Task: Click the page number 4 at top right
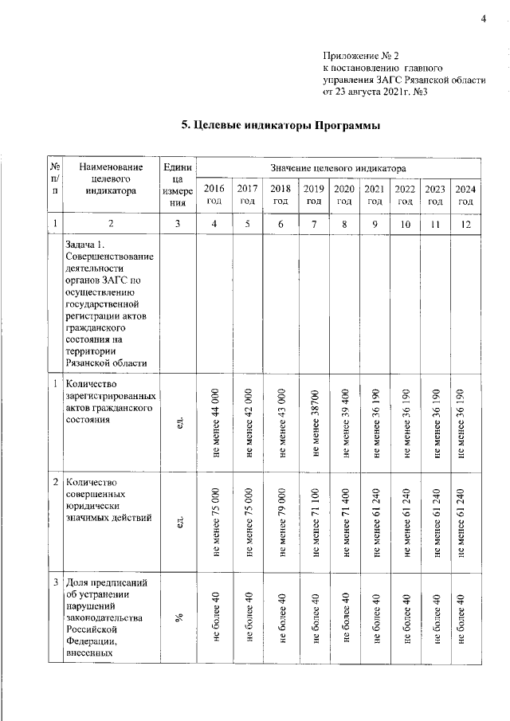click(483, 19)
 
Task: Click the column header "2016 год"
click(214, 194)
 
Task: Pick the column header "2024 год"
click(466, 194)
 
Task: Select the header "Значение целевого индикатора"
click(339, 169)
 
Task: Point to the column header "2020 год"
click(344, 194)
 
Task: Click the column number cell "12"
click(466, 225)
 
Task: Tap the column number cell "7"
click(315, 225)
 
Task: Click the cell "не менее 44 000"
click(215, 422)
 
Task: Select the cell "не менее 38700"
click(315, 422)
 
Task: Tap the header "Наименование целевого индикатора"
click(111, 179)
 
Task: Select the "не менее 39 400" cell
click(344, 422)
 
